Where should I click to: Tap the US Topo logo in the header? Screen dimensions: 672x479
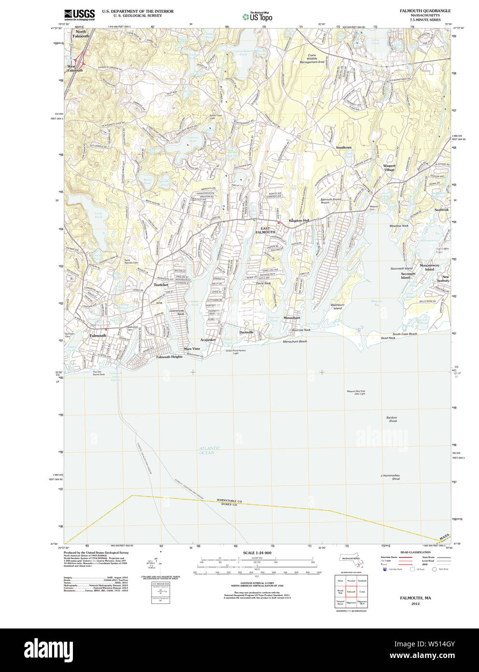click(257, 17)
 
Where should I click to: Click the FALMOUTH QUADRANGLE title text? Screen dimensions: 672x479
click(425, 11)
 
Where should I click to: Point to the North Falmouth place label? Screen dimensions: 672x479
click(81, 34)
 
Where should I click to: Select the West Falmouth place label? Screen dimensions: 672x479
click(75, 68)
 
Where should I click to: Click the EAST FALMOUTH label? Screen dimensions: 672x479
click(265, 230)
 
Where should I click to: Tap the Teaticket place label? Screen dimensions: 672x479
click(161, 285)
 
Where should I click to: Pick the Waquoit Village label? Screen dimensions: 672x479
click(389, 168)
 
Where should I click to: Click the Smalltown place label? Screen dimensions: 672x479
click(344, 147)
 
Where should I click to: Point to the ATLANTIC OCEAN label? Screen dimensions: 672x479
click(209, 450)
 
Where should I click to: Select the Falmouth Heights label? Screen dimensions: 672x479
click(169, 357)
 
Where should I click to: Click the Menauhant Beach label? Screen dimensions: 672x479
click(295, 341)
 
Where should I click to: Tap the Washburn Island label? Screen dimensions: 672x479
click(337, 307)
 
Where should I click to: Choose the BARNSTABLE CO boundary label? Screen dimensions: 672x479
click(229, 501)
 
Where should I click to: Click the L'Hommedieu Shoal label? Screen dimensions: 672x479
click(390, 477)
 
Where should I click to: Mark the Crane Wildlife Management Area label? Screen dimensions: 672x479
click(312, 58)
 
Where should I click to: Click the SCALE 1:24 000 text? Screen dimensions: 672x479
click(257, 553)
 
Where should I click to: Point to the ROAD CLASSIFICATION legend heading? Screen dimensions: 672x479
click(415, 552)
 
